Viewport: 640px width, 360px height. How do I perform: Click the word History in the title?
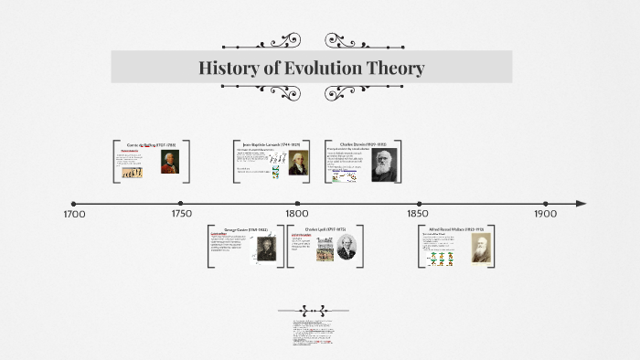tap(229, 69)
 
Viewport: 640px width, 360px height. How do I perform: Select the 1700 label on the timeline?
tap(74, 214)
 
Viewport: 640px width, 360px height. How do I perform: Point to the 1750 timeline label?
tap(181, 214)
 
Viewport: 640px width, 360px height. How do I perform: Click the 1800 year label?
tap(296, 214)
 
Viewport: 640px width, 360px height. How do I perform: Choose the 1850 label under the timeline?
tap(420, 214)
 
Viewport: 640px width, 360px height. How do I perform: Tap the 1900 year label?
tap(545, 214)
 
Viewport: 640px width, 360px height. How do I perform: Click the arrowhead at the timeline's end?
tap(581, 204)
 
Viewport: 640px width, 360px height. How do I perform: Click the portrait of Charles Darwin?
tap(385, 164)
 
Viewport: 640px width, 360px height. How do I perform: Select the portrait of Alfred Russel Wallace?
tap(481, 248)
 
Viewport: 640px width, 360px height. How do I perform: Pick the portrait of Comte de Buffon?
tap(168, 162)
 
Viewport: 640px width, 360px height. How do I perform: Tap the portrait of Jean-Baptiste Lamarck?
tap(292, 163)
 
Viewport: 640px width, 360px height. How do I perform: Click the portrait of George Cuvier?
tap(265, 248)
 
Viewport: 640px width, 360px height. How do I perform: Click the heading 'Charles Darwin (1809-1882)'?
tap(363, 144)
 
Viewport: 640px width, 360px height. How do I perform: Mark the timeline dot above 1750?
tap(181, 204)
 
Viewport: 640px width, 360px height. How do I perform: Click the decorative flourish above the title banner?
tap(312, 41)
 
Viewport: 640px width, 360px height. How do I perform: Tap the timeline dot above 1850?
tap(420, 204)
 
